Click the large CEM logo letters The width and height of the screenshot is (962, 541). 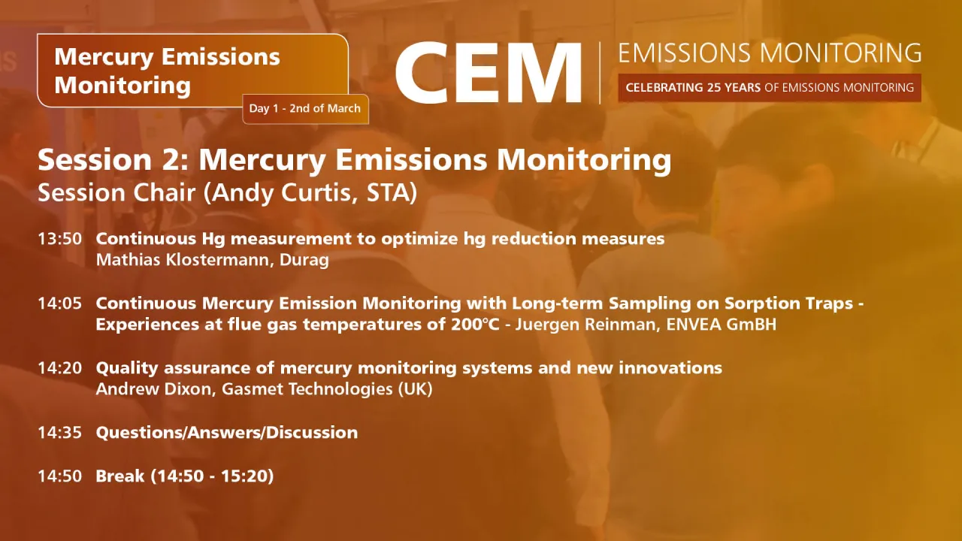tap(489, 73)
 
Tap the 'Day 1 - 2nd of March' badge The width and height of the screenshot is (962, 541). tap(305, 109)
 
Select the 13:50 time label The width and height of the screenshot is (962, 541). tap(59, 239)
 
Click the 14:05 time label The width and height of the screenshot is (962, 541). tap(59, 304)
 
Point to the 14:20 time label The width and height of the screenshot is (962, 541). tap(59, 368)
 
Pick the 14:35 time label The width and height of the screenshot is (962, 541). tap(59, 433)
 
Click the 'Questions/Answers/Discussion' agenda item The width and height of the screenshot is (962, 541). tap(226, 433)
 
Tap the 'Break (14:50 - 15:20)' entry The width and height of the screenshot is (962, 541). tap(184, 476)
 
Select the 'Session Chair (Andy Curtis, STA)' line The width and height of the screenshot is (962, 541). tap(227, 192)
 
